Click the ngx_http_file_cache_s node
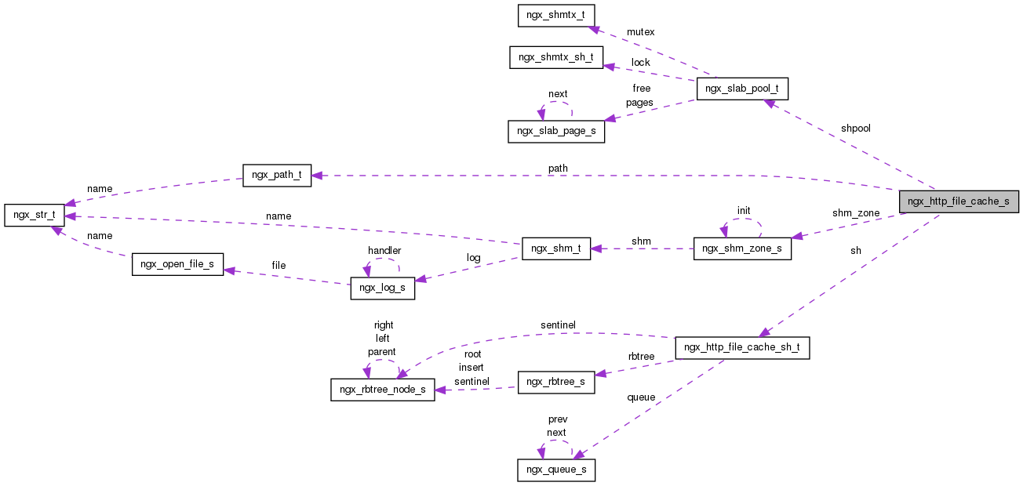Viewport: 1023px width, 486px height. [x=958, y=201]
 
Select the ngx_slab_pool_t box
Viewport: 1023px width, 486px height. [x=741, y=89]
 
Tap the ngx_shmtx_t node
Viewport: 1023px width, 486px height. [x=556, y=16]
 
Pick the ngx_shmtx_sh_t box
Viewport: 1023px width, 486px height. [x=555, y=57]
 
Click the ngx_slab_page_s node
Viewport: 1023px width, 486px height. [x=556, y=131]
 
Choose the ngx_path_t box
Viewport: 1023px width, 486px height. [x=277, y=176]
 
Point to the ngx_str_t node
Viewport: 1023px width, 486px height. [x=34, y=215]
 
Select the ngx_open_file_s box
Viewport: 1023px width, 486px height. [x=177, y=264]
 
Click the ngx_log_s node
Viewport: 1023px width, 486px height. [x=381, y=288]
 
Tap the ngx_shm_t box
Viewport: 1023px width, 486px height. [x=556, y=248]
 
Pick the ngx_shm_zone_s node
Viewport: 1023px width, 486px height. [x=742, y=248]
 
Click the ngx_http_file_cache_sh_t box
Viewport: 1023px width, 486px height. [x=742, y=347]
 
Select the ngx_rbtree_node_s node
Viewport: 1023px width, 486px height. [x=382, y=390]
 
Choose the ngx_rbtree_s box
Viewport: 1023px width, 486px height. [x=556, y=382]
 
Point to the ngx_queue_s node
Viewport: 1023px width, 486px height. [x=556, y=470]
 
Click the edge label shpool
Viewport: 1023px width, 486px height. [x=855, y=129]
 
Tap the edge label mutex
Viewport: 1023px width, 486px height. [x=640, y=32]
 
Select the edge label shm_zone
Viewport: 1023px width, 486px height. [x=856, y=213]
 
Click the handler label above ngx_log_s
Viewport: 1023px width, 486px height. [x=384, y=251]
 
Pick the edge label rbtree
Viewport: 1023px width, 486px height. [x=641, y=357]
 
